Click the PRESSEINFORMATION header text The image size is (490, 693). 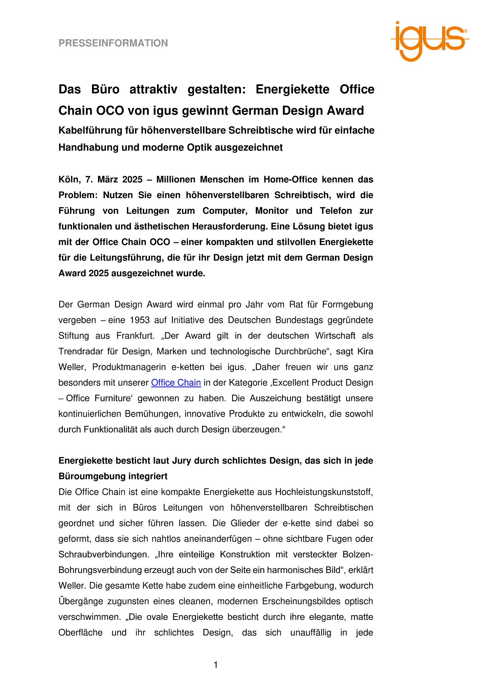pyautogui.click(x=113, y=43)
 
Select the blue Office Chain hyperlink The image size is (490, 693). pyautogui.click(x=176, y=383)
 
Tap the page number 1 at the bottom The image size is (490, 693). pyautogui.click(x=216, y=665)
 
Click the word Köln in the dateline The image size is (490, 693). pyautogui.click(x=69, y=179)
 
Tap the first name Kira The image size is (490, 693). pyautogui.click(x=365, y=351)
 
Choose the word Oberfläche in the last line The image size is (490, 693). pyautogui.click(x=81, y=633)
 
